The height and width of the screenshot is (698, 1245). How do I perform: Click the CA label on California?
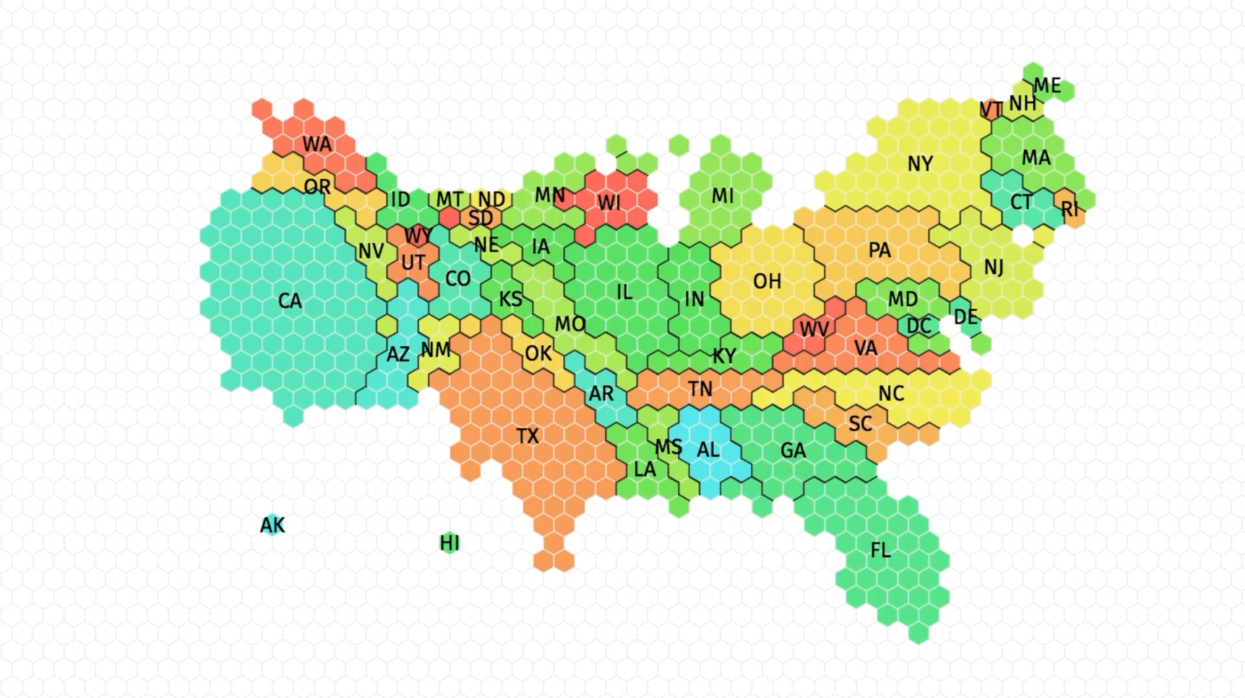[x=290, y=301]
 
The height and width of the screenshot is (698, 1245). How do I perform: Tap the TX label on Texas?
[x=527, y=436]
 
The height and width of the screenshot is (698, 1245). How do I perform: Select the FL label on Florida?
[x=880, y=550]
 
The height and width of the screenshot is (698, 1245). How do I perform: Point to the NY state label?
[x=920, y=164]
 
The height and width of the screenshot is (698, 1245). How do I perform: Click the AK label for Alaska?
[x=273, y=525]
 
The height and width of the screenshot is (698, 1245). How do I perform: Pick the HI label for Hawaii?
[x=449, y=544]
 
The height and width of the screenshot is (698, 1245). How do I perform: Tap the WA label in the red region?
[x=317, y=144]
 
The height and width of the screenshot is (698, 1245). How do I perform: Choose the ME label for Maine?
[x=1047, y=86]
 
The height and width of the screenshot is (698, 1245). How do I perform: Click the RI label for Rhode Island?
[x=1070, y=209]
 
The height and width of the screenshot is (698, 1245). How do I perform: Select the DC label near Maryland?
[x=919, y=326]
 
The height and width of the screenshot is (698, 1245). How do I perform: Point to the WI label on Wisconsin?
[x=609, y=203]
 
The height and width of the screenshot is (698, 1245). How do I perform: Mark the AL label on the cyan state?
[x=708, y=450]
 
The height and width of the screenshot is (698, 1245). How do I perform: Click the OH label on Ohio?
[x=767, y=281]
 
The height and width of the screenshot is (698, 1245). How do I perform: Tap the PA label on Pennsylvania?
[x=880, y=250]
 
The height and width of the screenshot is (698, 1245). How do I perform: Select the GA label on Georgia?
[x=793, y=450]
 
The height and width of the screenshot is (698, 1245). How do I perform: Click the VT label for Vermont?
[x=991, y=110]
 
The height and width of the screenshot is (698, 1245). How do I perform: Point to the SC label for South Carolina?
[x=860, y=424]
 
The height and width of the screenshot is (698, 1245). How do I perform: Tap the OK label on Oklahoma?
[x=538, y=354]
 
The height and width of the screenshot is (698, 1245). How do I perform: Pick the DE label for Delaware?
[x=966, y=317]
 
